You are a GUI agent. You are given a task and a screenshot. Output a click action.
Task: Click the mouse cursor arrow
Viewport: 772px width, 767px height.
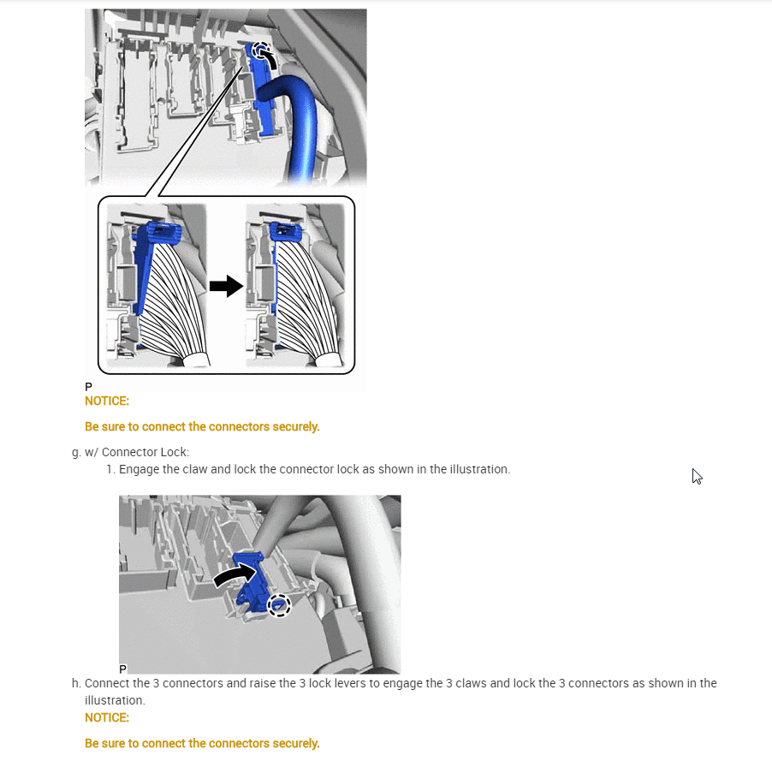click(696, 476)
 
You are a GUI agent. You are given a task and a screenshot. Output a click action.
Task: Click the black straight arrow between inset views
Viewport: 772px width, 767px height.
click(227, 286)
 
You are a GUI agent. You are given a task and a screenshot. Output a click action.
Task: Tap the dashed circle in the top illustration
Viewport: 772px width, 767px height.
click(261, 51)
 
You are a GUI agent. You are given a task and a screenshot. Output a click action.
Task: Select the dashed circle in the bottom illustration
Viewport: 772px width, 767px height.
click(279, 605)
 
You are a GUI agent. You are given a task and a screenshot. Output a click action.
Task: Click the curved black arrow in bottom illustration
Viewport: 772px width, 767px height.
click(234, 574)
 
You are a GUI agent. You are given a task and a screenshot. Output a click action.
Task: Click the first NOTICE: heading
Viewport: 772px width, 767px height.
click(107, 401)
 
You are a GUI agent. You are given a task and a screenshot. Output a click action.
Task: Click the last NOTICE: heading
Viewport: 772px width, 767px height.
click(107, 717)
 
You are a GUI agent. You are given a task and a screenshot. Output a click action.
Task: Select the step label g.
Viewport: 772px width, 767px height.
click(76, 453)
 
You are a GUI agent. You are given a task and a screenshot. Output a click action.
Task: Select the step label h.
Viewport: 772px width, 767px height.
click(76, 683)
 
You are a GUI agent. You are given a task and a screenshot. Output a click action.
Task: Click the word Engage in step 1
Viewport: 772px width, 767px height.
click(139, 470)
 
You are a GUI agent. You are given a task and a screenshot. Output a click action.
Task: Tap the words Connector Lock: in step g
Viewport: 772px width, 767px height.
click(145, 453)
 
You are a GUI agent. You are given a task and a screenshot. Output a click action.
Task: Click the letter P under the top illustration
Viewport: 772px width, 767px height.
click(89, 387)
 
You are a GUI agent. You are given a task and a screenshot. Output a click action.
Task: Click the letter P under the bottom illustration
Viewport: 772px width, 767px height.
click(123, 669)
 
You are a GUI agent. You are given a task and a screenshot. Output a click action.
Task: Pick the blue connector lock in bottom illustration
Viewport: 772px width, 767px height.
click(251, 583)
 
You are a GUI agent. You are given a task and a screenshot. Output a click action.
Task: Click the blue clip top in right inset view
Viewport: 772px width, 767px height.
click(286, 231)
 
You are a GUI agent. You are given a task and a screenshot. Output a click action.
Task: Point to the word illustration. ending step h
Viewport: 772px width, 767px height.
click(115, 700)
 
